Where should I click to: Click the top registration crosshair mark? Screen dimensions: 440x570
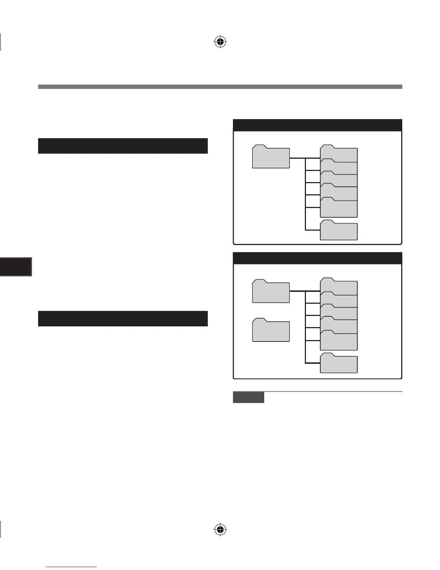tap(220, 42)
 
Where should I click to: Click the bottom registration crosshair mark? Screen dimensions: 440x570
tap(220, 529)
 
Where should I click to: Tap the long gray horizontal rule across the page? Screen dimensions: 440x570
tap(220, 86)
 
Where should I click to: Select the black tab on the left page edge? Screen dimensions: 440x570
tap(16, 267)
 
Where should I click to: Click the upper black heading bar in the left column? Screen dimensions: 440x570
tap(123, 146)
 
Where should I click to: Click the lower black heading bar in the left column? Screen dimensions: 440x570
tap(123, 318)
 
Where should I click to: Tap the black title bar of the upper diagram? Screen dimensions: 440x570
tap(317, 125)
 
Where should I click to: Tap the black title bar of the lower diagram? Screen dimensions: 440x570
tap(317, 258)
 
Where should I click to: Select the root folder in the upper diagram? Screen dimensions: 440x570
tap(271, 157)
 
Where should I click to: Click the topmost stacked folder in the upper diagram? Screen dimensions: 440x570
tap(339, 154)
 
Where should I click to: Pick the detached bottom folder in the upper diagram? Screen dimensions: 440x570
tap(339, 231)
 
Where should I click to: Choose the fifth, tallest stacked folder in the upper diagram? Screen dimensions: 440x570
tap(339, 208)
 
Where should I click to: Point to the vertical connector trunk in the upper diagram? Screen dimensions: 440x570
tap(305, 194)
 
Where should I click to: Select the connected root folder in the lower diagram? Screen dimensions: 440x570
tap(271, 291)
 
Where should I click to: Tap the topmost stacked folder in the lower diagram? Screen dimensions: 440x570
tap(339, 287)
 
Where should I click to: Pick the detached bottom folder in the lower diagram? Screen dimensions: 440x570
tap(339, 364)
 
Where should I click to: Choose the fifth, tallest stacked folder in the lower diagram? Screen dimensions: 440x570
tap(339, 341)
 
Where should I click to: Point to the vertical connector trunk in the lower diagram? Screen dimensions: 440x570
tap(305, 327)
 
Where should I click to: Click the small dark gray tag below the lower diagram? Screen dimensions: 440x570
tap(248, 397)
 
